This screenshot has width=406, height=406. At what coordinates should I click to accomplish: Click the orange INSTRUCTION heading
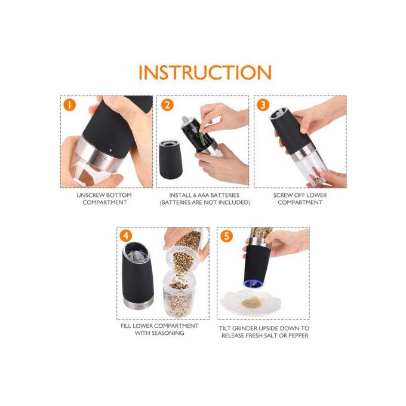pos(205,72)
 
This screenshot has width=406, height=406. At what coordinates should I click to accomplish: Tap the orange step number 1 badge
pos(69,106)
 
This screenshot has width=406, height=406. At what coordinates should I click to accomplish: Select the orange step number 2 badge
pos(167,105)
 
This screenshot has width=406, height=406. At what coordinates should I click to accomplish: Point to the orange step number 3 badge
pos(263,105)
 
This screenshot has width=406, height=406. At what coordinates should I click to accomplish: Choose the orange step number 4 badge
pos(126,236)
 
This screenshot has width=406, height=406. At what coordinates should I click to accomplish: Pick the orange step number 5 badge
pos(226,236)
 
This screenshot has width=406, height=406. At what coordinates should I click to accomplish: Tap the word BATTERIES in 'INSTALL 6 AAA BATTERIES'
pos(225,195)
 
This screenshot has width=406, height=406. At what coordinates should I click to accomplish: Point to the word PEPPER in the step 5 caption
pos(299,336)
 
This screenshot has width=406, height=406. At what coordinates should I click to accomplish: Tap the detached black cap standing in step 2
pos(170,159)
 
